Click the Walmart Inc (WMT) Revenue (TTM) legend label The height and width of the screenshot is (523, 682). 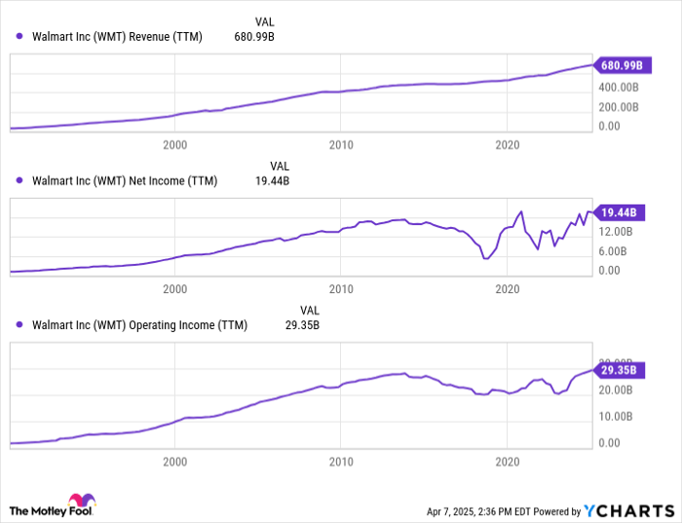pos(117,37)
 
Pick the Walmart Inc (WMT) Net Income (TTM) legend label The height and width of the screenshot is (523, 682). pos(125,181)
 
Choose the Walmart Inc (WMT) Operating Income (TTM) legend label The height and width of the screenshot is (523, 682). pos(140,325)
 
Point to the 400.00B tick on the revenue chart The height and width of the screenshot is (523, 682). pos(619,87)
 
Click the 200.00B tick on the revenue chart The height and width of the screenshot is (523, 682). pos(619,106)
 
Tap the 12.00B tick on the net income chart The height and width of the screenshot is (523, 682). pos(616,232)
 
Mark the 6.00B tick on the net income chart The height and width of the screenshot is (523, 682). pos(616,251)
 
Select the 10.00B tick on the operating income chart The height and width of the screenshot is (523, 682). pos(616,416)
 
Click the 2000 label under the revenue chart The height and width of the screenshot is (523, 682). pos(175,145)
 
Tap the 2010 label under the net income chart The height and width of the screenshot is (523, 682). pos(341,289)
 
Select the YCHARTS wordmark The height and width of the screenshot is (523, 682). pos(629,510)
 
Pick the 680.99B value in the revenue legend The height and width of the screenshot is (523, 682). pos(254,37)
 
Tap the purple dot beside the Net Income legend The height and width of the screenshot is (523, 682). pos(19,181)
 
